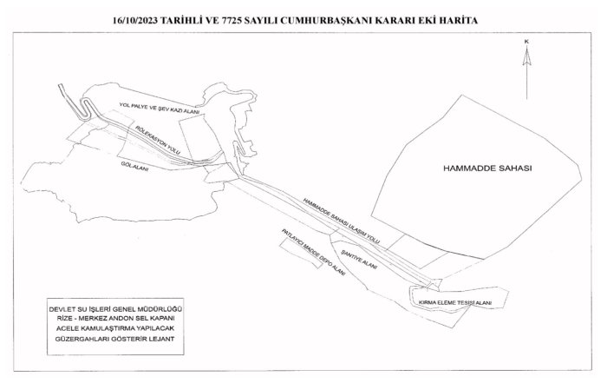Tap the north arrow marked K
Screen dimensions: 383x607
pyautogui.click(x=526, y=69)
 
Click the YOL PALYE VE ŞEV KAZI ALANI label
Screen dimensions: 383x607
pyautogui.click(x=159, y=109)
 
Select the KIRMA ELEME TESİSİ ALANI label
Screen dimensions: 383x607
pyautogui.click(x=454, y=301)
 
